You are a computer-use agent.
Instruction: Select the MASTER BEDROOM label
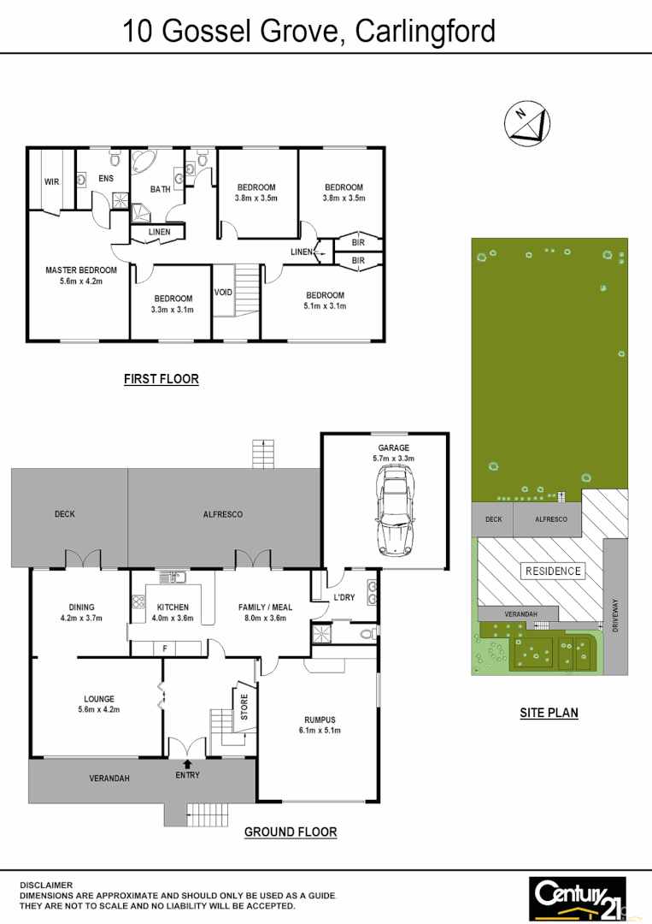click(81, 270)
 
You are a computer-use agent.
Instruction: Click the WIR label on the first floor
click(51, 181)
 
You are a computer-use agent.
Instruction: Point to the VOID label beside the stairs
click(223, 293)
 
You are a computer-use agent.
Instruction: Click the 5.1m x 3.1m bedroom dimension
click(326, 306)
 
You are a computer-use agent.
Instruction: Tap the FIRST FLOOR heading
click(161, 379)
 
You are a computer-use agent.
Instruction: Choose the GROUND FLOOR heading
click(291, 832)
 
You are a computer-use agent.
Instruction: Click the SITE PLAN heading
click(549, 712)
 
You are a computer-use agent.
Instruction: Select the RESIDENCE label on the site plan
click(553, 571)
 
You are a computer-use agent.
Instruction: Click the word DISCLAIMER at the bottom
click(47, 885)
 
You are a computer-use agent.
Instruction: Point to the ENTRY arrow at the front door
click(187, 763)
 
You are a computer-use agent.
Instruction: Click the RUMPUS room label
click(320, 720)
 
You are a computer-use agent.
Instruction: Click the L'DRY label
click(344, 597)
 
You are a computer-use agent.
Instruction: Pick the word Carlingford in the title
click(425, 32)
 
